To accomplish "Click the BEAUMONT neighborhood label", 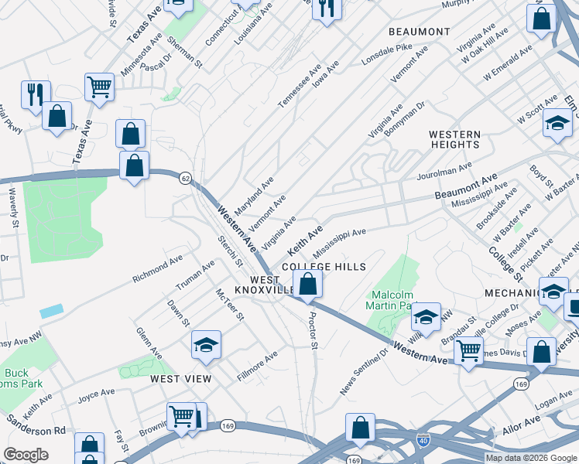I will (419, 32).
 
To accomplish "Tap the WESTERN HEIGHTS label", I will (454, 139).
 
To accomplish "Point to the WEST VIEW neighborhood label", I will (180, 378).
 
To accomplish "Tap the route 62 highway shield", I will (185, 178).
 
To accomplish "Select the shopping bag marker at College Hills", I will (308, 284).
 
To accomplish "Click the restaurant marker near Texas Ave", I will (36, 94).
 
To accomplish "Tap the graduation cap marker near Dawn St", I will (207, 345).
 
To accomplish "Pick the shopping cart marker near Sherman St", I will (100, 87).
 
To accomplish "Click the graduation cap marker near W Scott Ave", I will (557, 124).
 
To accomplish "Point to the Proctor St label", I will (313, 330).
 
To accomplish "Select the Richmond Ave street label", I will (157, 268).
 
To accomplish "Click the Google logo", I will (26, 455).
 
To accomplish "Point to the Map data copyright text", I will (531, 457).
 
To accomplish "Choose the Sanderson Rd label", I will (36, 425).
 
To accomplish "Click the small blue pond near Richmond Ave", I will (52, 311).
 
